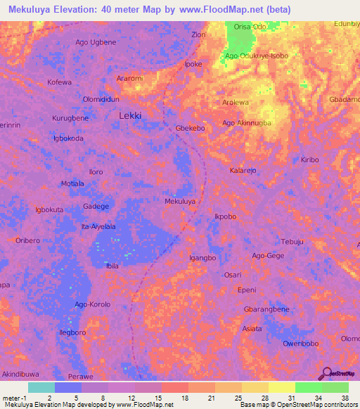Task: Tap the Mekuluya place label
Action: point(180,201)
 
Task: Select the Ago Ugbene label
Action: point(96,42)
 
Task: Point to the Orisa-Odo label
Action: point(250,27)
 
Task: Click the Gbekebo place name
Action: point(190,129)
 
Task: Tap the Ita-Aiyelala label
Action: point(99,226)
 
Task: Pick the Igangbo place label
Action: point(202,258)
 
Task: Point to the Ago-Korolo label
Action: point(93,304)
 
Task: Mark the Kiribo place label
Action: point(309,160)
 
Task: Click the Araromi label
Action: point(130,78)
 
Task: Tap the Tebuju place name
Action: point(292,241)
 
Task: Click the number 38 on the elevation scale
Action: point(345,397)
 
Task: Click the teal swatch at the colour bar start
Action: point(41,387)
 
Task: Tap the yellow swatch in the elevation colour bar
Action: point(281,387)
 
